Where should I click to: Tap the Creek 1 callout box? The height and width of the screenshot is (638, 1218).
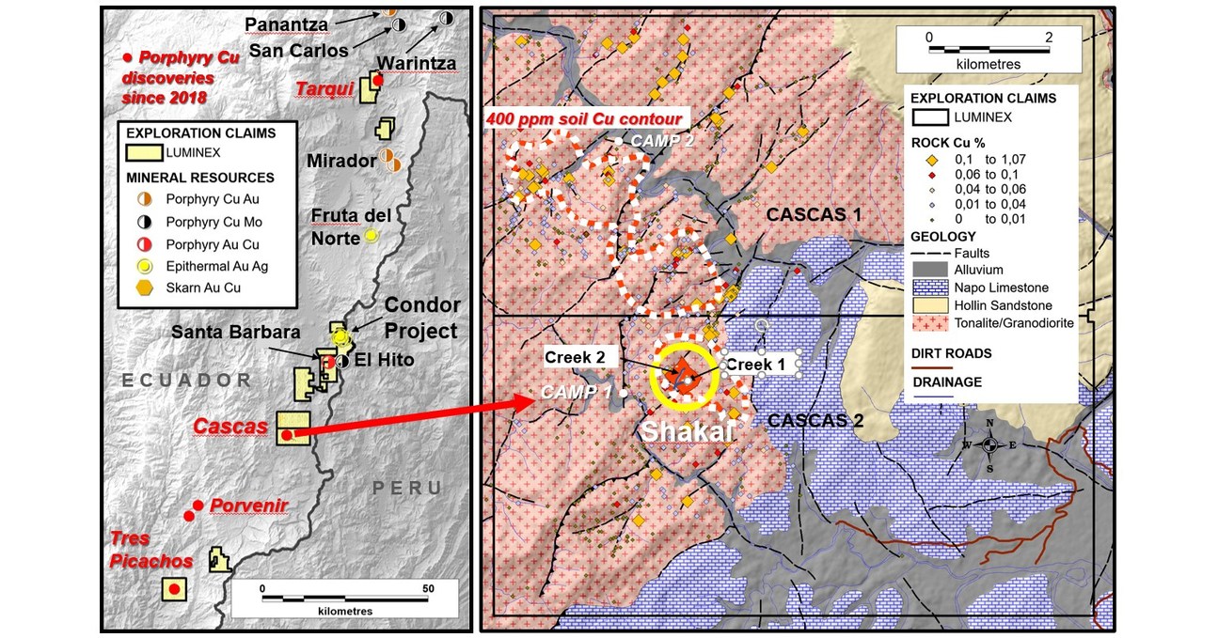pyautogui.click(x=759, y=363)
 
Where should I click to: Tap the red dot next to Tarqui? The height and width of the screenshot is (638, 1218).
pyautogui.click(x=378, y=81)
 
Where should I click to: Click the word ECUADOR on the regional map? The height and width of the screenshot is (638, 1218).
pyautogui.click(x=187, y=381)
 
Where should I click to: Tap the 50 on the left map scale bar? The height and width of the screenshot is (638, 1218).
pyautogui.click(x=429, y=589)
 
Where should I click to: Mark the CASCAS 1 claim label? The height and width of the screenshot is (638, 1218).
pyautogui.click(x=814, y=214)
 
